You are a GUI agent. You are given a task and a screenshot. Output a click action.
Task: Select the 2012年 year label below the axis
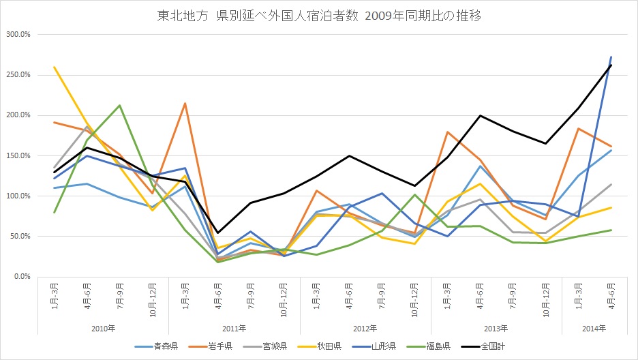[x=365, y=329]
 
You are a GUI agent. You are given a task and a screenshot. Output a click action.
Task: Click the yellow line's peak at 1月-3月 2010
[x=54, y=67]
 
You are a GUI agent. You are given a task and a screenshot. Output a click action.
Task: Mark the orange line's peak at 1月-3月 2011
[x=185, y=103]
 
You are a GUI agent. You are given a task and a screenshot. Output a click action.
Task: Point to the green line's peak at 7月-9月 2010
[x=119, y=105]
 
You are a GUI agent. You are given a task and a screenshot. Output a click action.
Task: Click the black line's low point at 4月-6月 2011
[x=217, y=232]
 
